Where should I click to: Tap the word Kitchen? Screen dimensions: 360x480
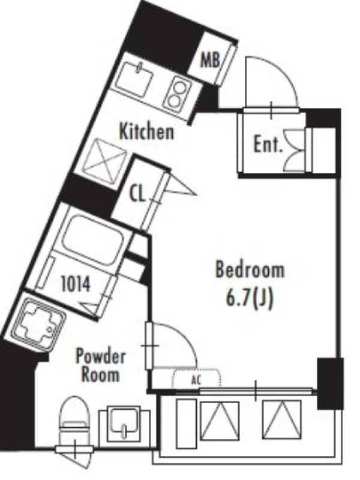click(146, 131)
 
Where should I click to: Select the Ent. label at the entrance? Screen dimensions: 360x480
click(268, 145)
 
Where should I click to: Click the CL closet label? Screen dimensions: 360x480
click(137, 194)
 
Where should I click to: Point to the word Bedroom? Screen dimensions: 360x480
click(250, 269)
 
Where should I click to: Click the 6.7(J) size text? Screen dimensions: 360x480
click(249, 298)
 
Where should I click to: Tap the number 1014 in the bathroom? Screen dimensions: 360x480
click(76, 284)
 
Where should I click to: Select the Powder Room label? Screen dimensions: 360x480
click(100, 365)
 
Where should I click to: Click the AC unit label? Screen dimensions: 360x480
click(196, 380)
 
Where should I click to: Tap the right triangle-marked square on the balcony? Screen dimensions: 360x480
click(281, 420)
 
